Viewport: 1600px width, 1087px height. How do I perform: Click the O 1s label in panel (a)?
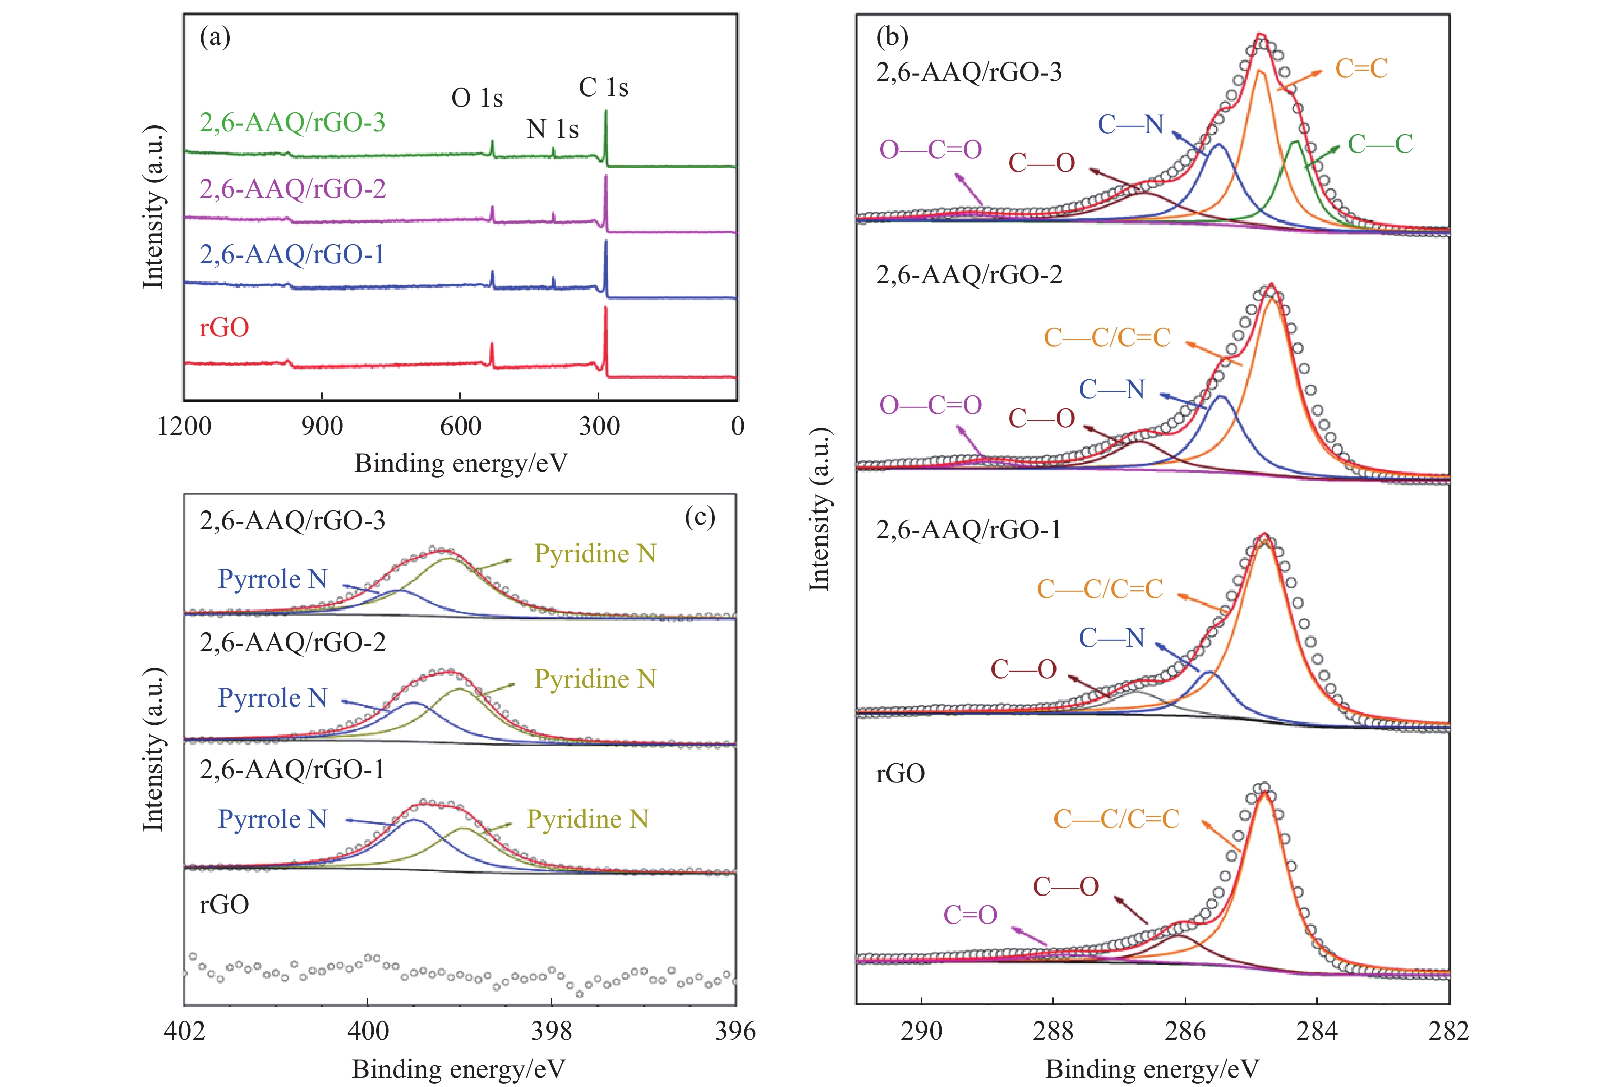point(476,99)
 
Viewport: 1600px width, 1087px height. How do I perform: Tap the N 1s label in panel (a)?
point(552,129)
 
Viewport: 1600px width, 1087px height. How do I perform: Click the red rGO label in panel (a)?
point(224,327)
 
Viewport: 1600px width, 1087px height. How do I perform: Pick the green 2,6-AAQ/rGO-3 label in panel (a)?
point(292,122)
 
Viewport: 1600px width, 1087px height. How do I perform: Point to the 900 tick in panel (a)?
point(322,426)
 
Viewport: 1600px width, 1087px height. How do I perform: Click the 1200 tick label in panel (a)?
point(184,426)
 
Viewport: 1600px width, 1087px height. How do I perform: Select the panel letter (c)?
point(699,516)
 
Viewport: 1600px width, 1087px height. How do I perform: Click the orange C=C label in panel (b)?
point(1361,68)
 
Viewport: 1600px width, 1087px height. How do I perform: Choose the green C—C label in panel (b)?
point(1380,144)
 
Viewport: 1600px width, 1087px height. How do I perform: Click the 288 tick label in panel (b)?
point(1052,1031)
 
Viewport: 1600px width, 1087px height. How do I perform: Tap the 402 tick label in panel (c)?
point(184,1031)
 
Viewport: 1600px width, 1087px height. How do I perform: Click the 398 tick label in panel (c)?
point(552,1031)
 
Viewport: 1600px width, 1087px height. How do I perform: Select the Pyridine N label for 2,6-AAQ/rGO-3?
point(595,554)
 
